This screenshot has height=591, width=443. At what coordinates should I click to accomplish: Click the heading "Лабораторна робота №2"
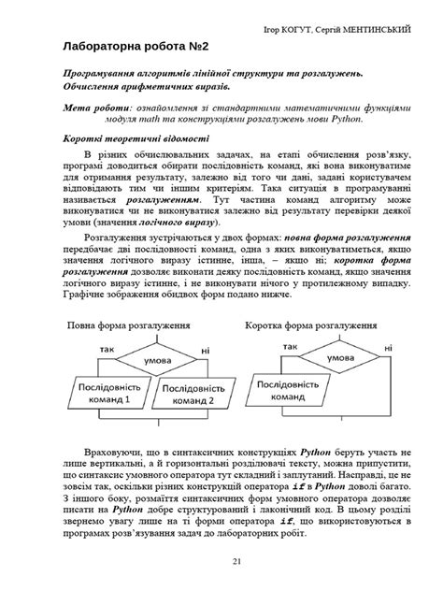(x=128, y=45)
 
